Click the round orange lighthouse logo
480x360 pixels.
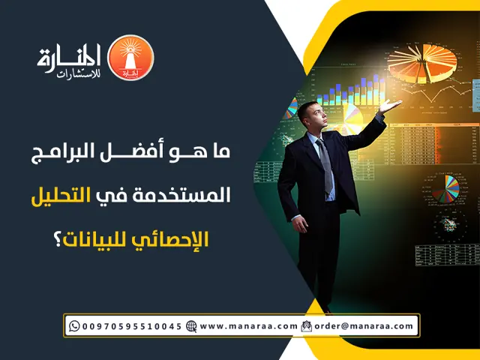130,58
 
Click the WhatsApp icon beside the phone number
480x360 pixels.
73,326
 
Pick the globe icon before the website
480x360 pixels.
191,326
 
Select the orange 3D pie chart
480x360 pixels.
432,63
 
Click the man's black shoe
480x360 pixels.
325,308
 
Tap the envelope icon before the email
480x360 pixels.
306,326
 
